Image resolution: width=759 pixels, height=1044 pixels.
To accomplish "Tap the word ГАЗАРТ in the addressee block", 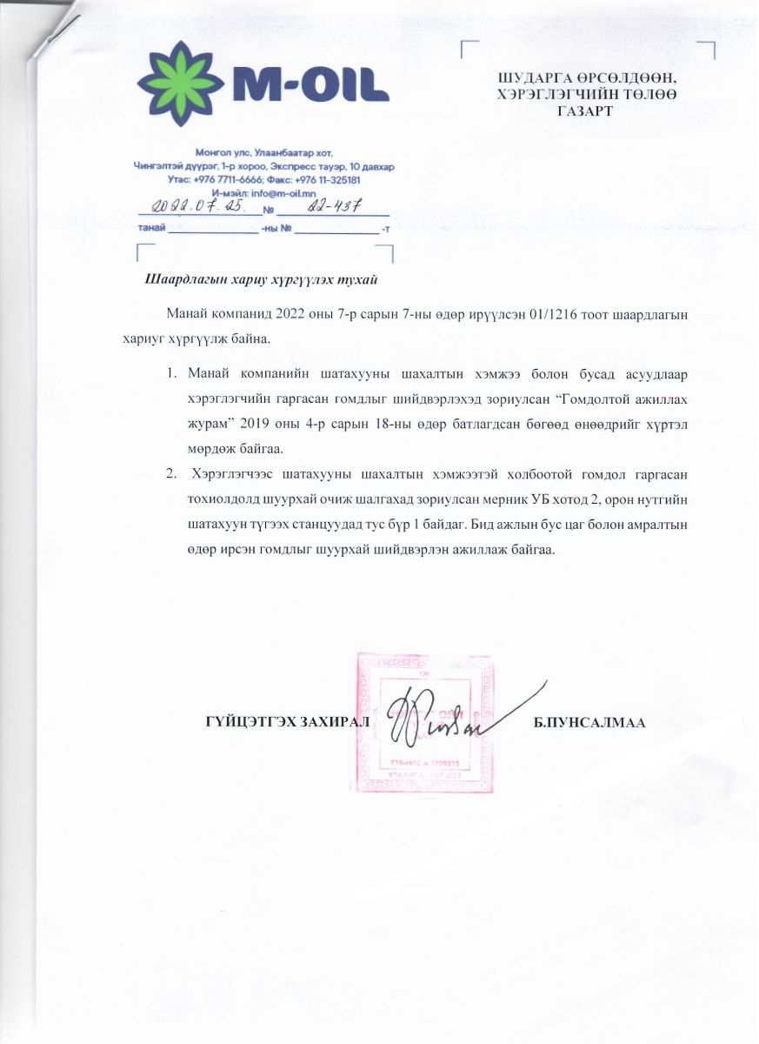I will tap(582, 110).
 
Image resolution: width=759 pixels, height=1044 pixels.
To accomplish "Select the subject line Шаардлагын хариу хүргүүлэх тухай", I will tap(261, 280).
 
